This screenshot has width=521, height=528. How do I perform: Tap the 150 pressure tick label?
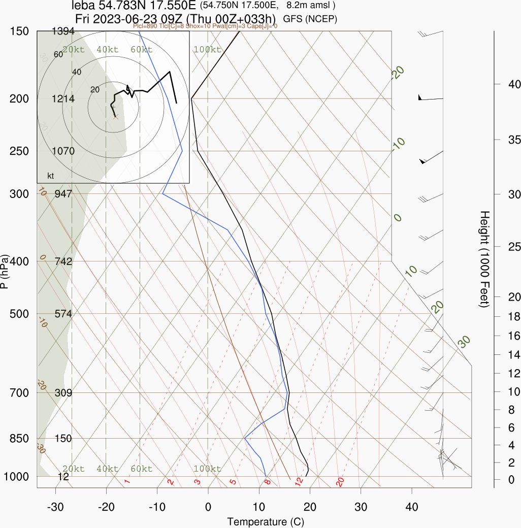19,31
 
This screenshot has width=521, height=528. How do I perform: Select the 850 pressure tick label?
19,438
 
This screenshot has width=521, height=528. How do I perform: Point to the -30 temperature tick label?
55,507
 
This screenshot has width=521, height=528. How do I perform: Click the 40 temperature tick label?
412,507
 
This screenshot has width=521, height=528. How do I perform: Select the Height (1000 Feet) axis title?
484,259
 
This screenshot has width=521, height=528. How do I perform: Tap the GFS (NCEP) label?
310,19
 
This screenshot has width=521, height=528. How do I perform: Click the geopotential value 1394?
63,31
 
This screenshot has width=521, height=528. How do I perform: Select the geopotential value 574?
63,314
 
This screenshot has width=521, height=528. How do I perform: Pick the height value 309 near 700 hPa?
63,392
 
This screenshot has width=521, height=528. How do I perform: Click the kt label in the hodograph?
51,176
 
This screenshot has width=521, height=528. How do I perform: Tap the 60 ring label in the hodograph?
58,55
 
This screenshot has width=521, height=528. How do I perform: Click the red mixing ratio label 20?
340,481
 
